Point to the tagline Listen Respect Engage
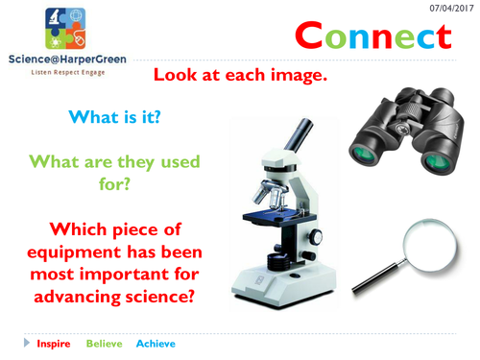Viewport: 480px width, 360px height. (x=62, y=73)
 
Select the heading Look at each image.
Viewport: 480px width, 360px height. (x=246, y=75)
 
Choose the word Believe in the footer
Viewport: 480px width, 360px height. (x=105, y=343)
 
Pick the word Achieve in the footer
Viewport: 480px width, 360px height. (x=156, y=343)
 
